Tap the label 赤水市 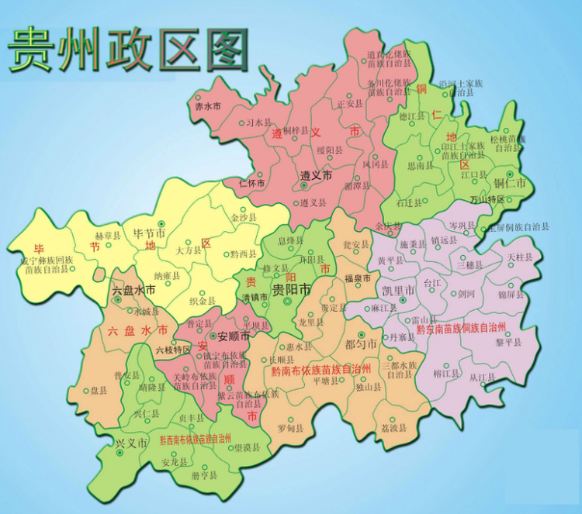point(207,105)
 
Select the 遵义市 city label point(317,176)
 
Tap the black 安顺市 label point(234,336)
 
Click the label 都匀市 point(360,343)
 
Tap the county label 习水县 point(258,122)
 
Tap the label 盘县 point(99,391)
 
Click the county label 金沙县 point(244,219)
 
